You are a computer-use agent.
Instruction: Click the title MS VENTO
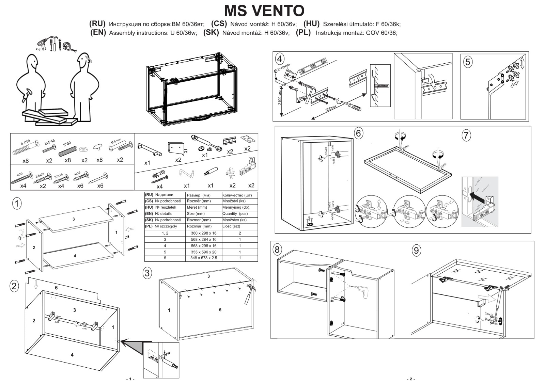[x=264, y=11]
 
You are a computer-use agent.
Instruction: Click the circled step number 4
[x=279, y=59]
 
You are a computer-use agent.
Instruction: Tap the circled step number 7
[x=466, y=135]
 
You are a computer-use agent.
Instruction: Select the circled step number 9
[x=416, y=251]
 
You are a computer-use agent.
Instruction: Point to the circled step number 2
[x=14, y=286]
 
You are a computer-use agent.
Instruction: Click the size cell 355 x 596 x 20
[x=203, y=252]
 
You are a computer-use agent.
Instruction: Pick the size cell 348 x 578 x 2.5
[x=203, y=258]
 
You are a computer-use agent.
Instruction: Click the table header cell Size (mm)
[x=197, y=214]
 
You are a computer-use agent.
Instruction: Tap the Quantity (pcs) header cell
[x=235, y=214]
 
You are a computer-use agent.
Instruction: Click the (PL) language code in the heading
[x=303, y=33]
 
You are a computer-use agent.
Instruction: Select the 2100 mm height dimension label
[x=280, y=97]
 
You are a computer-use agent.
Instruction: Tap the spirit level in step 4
[x=313, y=67]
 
